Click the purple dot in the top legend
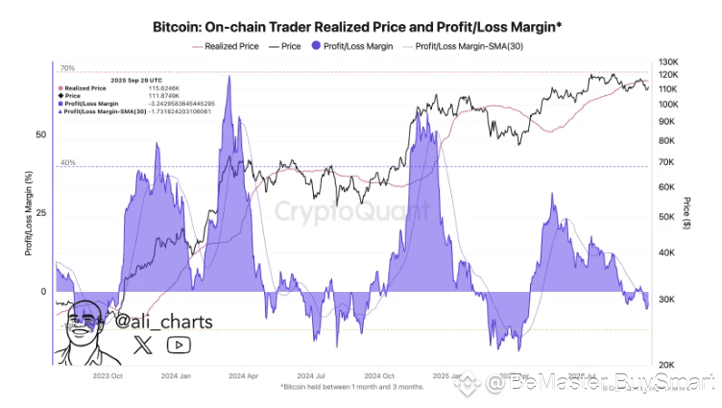316,45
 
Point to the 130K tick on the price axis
669,61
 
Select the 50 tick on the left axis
40,135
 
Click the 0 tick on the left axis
42,292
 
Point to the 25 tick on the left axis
40,213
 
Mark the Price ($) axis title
687,211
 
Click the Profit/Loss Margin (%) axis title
29,211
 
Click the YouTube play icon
179,345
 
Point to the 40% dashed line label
68,163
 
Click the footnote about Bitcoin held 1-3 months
353,387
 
